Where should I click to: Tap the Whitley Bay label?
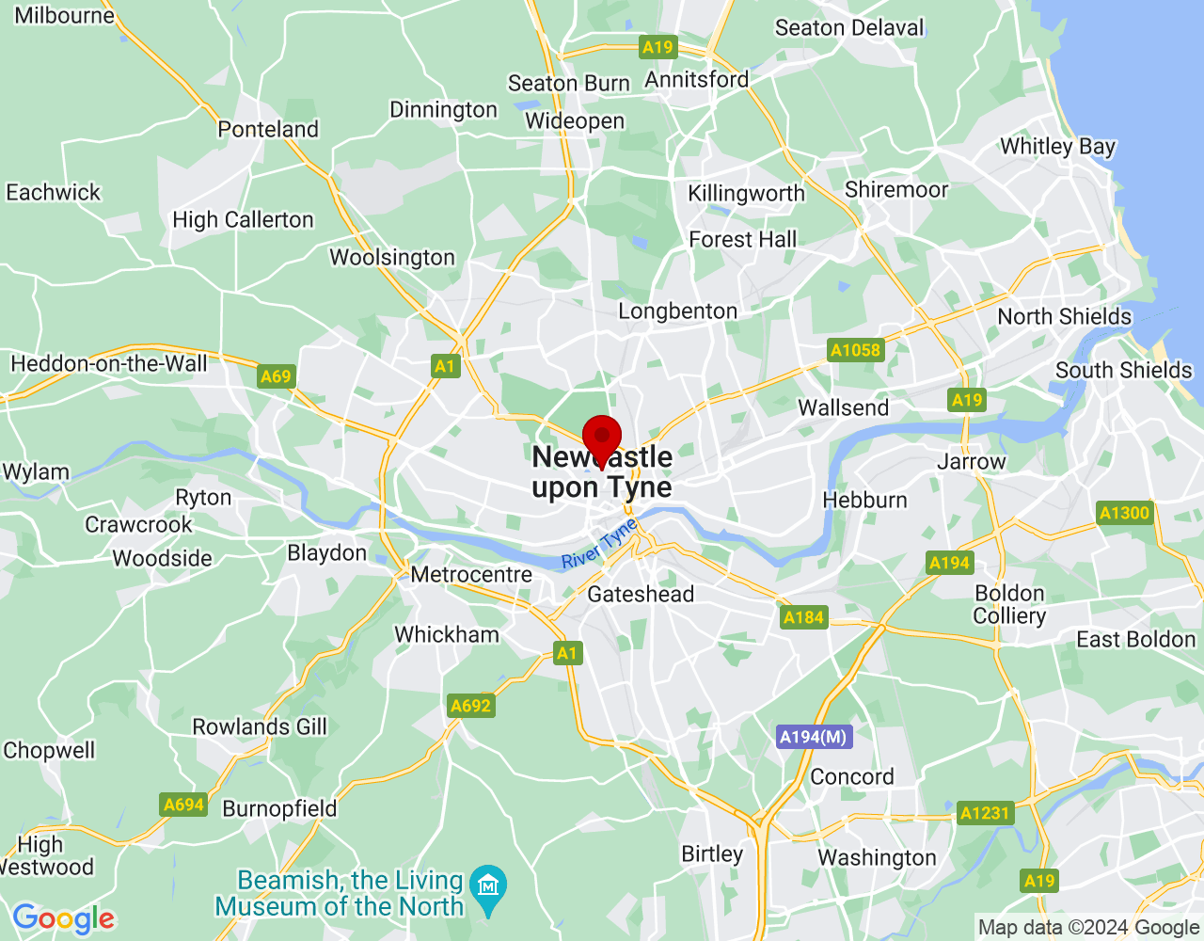[1057, 147]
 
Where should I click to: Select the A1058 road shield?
[855, 350]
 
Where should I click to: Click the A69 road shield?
[276, 376]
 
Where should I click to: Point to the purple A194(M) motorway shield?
[814, 737]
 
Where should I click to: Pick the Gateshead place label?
[641, 594]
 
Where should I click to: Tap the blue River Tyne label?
[599, 545]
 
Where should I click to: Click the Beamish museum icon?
[488, 885]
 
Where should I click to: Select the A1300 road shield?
[1125, 513]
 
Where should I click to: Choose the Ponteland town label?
[268, 129]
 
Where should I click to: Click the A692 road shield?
[471, 706]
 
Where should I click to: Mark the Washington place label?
[877, 857]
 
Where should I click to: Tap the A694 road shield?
[183, 805]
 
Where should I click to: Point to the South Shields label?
[1123, 370]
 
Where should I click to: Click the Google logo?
[64, 918]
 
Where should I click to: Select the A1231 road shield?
[985, 813]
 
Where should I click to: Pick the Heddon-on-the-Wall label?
[109, 363]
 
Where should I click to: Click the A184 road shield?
[803, 617]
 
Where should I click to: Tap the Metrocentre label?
[471, 574]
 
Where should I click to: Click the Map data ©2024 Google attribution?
[1088, 928]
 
